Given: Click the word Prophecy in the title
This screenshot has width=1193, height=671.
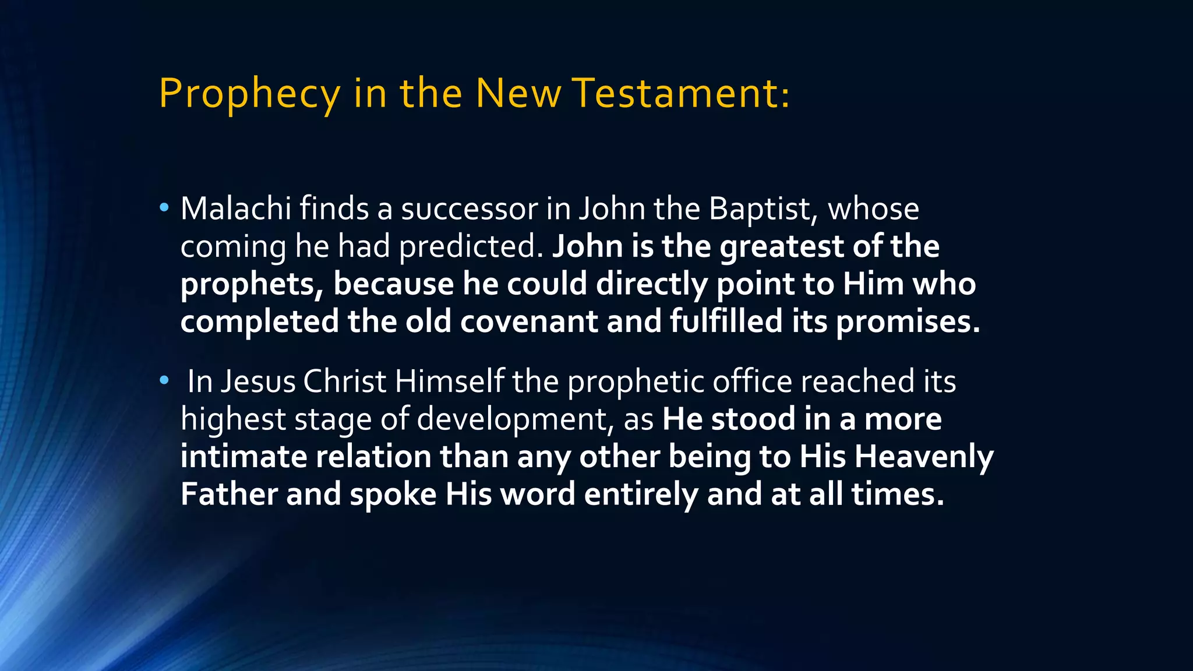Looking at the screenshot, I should click(x=249, y=94).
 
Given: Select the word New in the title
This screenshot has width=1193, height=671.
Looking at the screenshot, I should click(x=518, y=94).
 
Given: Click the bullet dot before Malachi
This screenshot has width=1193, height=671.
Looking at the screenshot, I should click(x=164, y=207).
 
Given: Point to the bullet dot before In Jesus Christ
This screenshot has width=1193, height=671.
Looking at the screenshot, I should click(x=164, y=380).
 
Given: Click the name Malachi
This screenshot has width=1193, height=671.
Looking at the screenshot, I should click(x=235, y=209).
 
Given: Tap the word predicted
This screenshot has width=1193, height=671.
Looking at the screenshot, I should click(x=471, y=246).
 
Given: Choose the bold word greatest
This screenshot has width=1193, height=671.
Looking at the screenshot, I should click(x=782, y=246).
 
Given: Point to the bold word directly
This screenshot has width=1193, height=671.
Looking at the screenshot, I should click(x=651, y=284).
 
